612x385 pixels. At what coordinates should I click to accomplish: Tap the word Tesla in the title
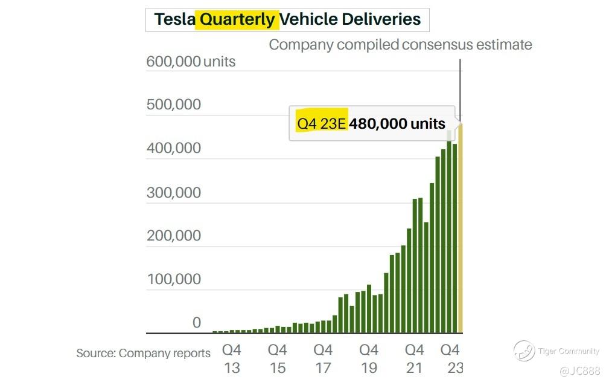pos(174,19)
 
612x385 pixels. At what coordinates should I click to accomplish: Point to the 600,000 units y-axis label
pos(191,62)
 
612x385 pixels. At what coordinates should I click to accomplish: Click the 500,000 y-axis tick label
pos(174,105)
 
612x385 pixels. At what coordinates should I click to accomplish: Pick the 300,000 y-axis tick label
pos(174,193)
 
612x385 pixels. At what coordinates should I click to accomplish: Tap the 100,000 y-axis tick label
pos(174,280)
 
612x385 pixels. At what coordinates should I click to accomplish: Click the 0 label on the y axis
pos(196,323)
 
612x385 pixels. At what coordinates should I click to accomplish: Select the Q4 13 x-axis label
pos(232,358)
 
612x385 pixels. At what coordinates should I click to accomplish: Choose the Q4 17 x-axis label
pos(323,358)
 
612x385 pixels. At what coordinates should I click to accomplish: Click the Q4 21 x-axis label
pos(414,358)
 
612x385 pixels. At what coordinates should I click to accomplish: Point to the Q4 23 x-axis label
pos(450,358)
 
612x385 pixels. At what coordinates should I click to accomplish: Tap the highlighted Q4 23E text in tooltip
pos(321,124)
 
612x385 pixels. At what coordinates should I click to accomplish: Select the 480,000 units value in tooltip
pos(398,124)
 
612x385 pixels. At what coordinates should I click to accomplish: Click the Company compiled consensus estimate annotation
pos(400,45)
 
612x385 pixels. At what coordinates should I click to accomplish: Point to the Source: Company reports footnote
pos(144,354)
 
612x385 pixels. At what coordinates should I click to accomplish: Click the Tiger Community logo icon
pos(524,351)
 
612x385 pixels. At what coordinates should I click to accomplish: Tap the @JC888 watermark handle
pos(579,370)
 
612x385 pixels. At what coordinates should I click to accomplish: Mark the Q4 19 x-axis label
pos(369,358)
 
